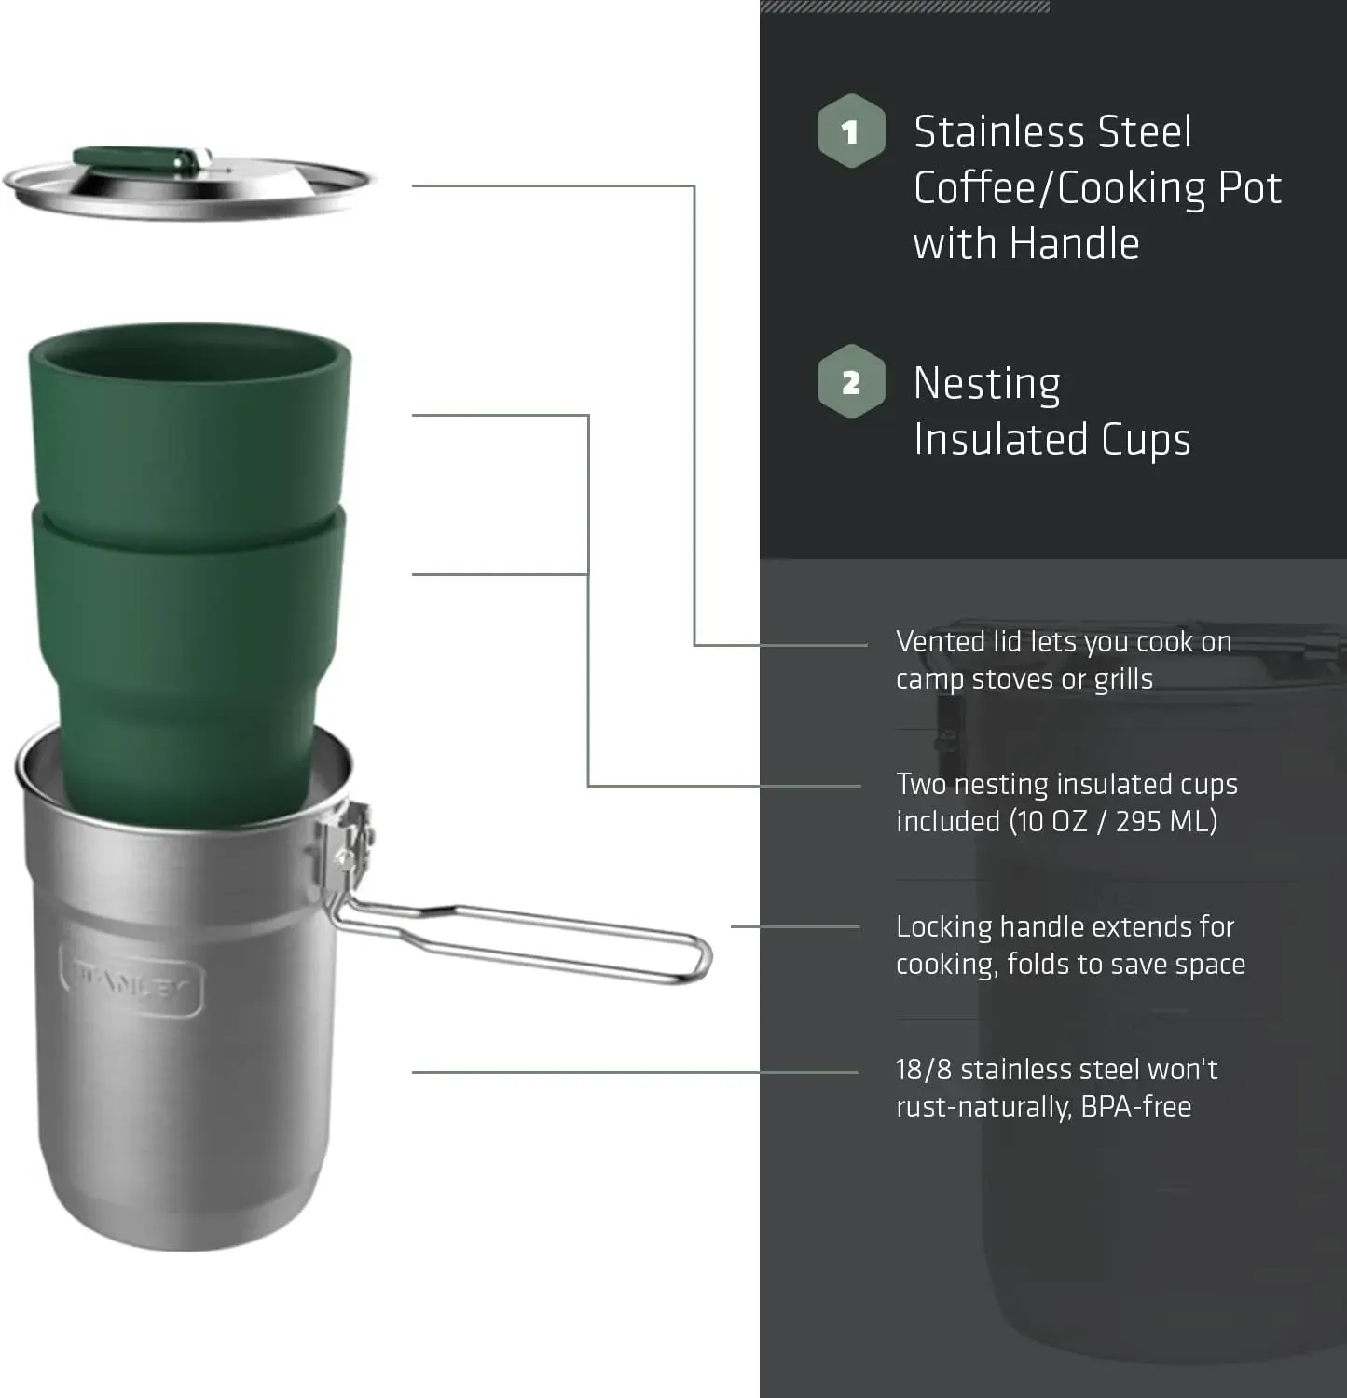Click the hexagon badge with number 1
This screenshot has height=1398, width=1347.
[850, 131]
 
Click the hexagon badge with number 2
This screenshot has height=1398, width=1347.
[850, 382]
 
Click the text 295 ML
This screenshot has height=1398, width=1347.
[1165, 821]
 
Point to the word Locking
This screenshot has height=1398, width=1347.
[943, 928]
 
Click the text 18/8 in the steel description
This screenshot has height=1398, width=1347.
[923, 1070]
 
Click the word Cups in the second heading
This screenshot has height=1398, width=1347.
[1146, 440]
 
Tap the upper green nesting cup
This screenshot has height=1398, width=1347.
[190, 419]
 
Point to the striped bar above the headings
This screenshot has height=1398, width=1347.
[904, 6]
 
